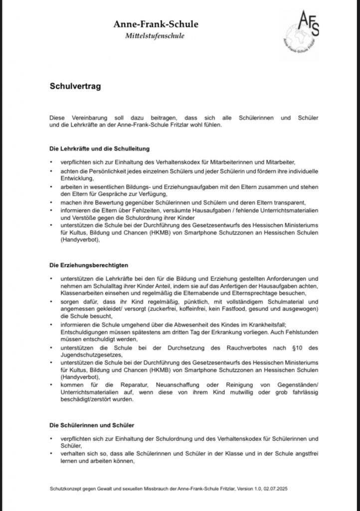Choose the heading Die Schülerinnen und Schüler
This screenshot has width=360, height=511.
[92, 425]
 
